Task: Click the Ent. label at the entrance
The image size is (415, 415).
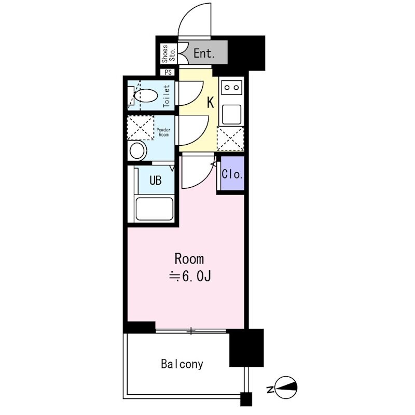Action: [x=204, y=53]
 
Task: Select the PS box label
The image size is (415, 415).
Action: [x=168, y=72]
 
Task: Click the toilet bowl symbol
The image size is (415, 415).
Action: [x=146, y=96]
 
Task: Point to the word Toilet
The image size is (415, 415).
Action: [x=167, y=96]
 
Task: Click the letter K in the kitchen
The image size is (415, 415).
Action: [x=211, y=102]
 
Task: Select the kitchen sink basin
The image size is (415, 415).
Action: [x=231, y=114]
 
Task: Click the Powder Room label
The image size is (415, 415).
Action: [x=163, y=132]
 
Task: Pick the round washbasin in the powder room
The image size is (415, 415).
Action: [x=137, y=150]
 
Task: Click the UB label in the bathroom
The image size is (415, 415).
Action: [x=155, y=180]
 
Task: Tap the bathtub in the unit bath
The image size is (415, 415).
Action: [x=154, y=209]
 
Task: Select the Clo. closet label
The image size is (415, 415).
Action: [x=232, y=174]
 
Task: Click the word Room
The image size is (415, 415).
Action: [x=189, y=259]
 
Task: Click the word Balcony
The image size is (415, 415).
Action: [x=182, y=364]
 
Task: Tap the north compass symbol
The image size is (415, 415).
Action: [x=286, y=387]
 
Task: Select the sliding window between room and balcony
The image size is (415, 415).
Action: [x=191, y=330]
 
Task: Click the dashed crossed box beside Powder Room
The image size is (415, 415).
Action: [x=140, y=128]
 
